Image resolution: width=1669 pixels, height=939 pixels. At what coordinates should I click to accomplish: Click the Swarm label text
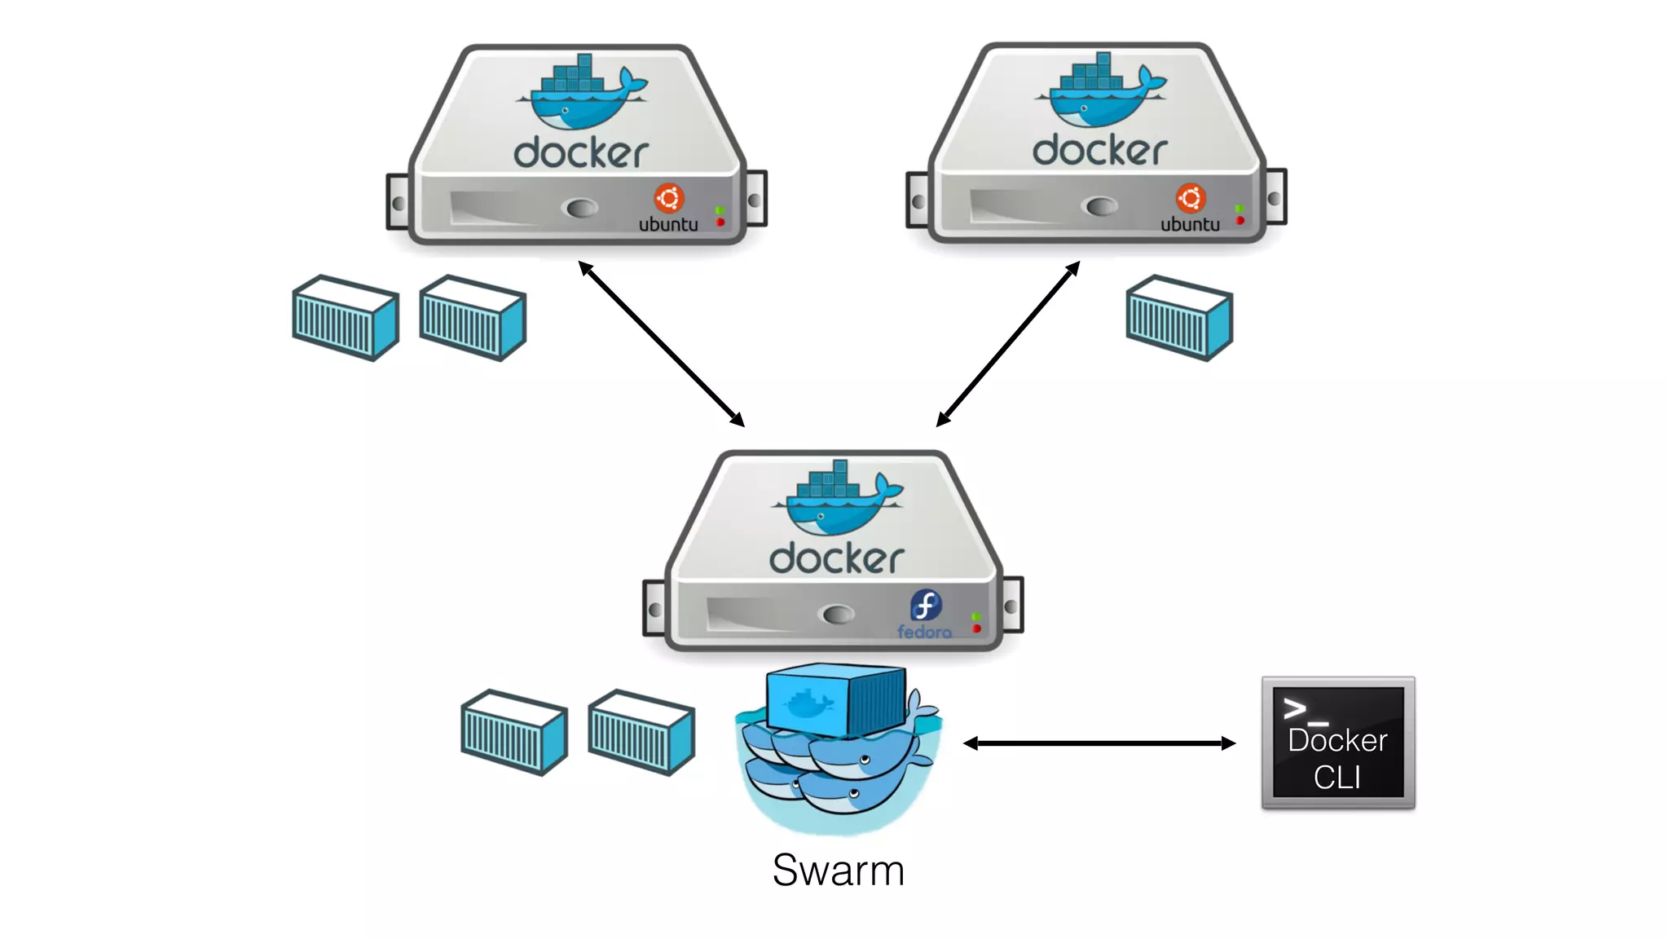click(x=838, y=871)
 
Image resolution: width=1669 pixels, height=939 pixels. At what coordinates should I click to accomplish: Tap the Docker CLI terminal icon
click(x=1337, y=743)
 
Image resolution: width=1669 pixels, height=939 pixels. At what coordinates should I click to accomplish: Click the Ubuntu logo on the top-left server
click(x=668, y=198)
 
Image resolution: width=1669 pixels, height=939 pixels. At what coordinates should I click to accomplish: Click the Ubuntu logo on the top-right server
click(x=1190, y=198)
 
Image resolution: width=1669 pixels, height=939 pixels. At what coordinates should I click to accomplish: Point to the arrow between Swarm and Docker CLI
click(x=1099, y=743)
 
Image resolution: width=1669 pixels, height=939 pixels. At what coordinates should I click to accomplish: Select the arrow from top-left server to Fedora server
click(x=661, y=343)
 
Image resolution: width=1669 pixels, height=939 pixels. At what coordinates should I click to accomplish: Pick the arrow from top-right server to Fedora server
click(x=1008, y=343)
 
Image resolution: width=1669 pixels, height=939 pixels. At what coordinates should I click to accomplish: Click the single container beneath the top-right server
click(x=1178, y=318)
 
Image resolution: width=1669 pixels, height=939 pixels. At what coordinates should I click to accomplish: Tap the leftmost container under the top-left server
click(x=345, y=318)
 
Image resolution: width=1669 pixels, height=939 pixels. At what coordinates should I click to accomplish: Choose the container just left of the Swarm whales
click(x=641, y=732)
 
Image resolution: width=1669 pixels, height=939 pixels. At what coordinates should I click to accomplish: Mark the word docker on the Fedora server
click(x=836, y=558)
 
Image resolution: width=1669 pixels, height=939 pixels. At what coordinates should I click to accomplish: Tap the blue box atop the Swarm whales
click(x=834, y=699)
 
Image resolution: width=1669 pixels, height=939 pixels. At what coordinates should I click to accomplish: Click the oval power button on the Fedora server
click(x=838, y=614)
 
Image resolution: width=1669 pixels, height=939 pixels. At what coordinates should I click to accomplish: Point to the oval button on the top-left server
click(x=581, y=208)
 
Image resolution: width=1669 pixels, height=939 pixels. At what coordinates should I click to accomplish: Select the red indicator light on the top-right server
click(x=1240, y=220)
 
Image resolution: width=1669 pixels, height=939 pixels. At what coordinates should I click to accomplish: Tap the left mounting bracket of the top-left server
click(x=398, y=202)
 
